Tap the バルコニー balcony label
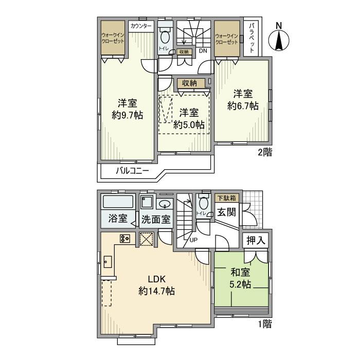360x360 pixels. (x=132, y=171)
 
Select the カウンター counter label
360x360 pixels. (x=141, y=26)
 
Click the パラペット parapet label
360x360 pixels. (x=252, y=38)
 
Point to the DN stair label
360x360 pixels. (x=203, y=51)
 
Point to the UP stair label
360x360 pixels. (x=193, y=240)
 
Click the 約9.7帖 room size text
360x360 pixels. (x=128, y=115)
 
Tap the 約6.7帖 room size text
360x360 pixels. (x=243, y=106)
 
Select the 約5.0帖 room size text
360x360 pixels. (x=189, y=125)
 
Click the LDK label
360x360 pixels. (x=156, y=279)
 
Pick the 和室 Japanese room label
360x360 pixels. (x=240, y=273)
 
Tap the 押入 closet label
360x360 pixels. (x=256, y=240)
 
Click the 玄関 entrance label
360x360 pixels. (x=227, y=212)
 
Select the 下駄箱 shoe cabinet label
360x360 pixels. (x=227, y=198)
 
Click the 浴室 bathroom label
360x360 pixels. (x=118, y=219)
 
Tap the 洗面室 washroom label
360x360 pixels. (x=156, y=220)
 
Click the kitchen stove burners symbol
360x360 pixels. (x=125, y=239)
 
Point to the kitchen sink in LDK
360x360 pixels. (x=107, y=262)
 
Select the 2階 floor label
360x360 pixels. (x=265, y=152)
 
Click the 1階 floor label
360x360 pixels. (x=265, y=324)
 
